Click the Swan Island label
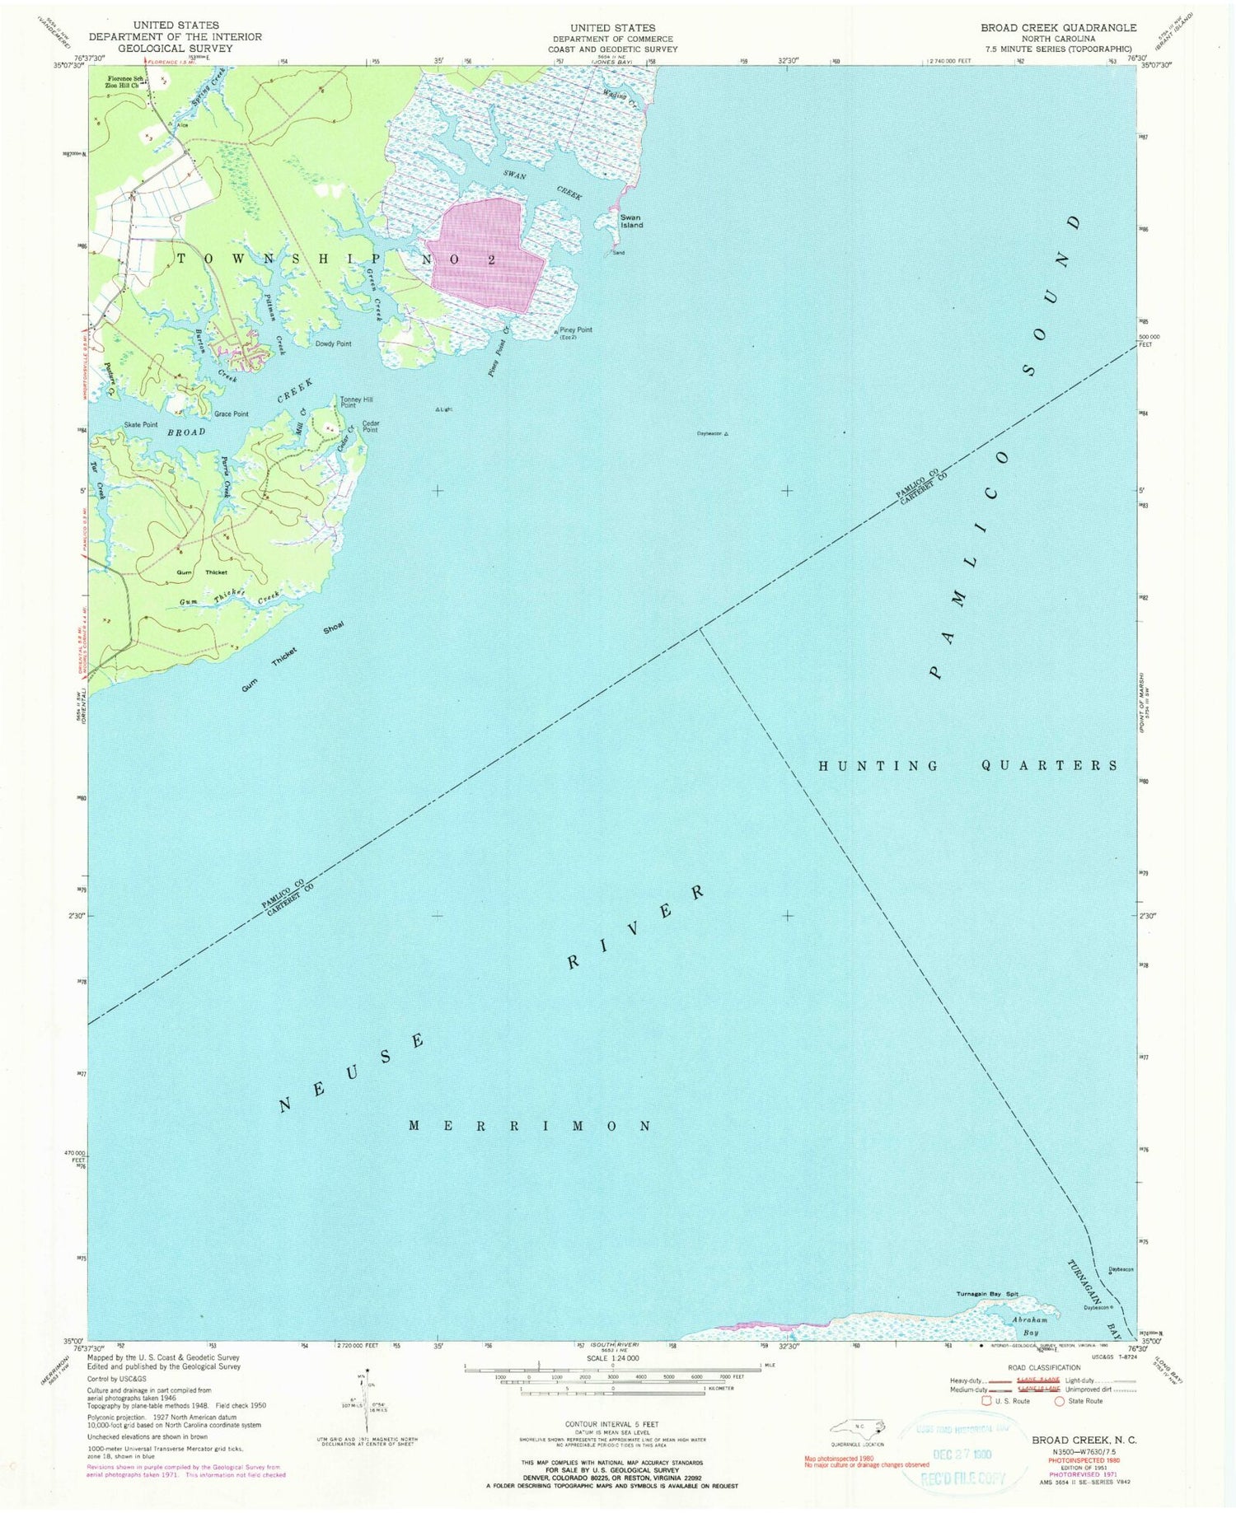coord(631,222)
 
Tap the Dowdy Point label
coord(333,343)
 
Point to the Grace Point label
coord(231,414)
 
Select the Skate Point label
coord(141,425)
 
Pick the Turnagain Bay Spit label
coord(987,1294)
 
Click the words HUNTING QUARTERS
coord(968,766)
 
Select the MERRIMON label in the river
coord(531,1125)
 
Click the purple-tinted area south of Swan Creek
coord(486,255)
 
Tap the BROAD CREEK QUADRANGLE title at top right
coord(1058,28)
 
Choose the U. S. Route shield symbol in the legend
coord(986,1400)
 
